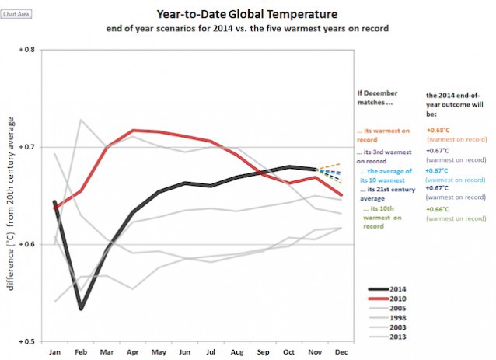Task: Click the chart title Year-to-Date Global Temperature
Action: [x=248, y=14]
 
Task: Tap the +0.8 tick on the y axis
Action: [x=27, y=50]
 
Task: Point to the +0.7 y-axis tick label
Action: [x=27, y=147]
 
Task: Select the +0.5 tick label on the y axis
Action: [x=27, y=341]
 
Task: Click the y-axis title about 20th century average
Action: [x=11, y=194]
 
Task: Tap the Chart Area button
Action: [x=16, y=14]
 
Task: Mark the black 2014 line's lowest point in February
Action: [x=80, y=309]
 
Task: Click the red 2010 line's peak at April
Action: [x=133, y=130]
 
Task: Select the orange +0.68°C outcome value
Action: [x=439, y=131]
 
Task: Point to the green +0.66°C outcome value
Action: [x=439, y=210]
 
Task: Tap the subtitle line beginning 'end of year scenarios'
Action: [x=248, y=28]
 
